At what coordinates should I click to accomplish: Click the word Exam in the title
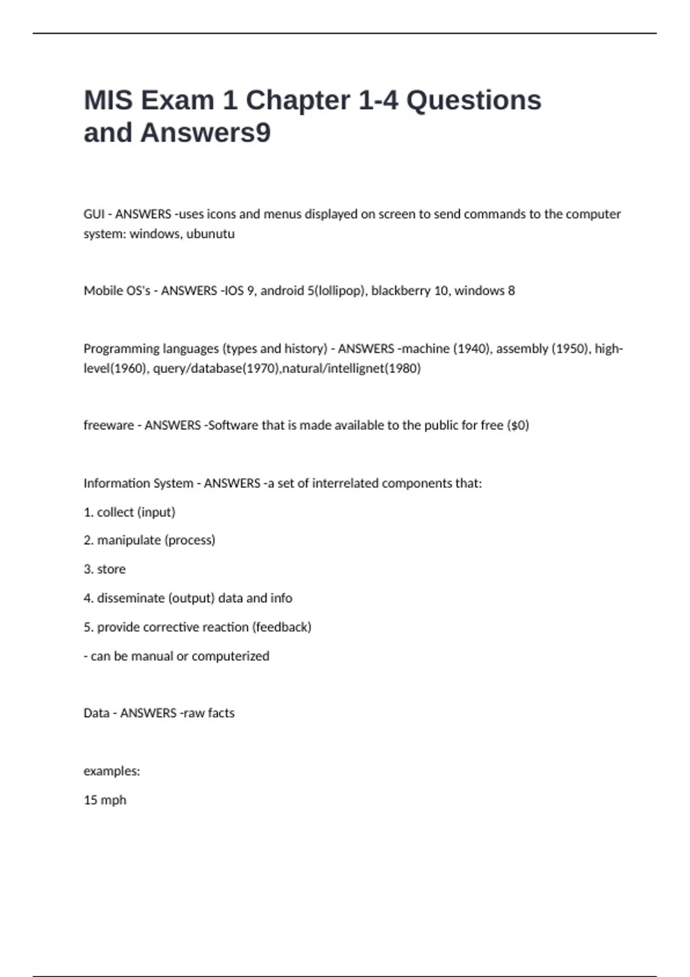pos(177,100)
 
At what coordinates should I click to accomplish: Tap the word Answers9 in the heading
pos(205,133)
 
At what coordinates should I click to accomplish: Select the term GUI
pos(94,214)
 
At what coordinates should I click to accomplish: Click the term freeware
pos(108,425)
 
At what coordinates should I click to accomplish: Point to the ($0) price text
pos(517,425)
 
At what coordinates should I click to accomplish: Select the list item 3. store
pos(105,569)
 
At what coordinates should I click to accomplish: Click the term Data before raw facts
pos(96,713)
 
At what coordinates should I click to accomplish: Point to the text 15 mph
pos(105,800)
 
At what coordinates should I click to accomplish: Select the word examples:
pos(112,771)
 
